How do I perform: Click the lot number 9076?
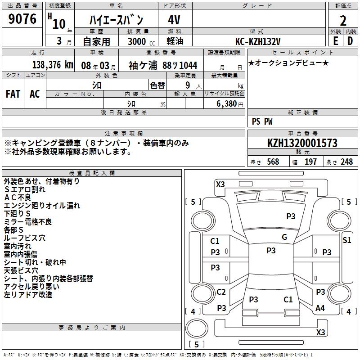click(22, 19)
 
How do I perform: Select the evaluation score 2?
click(343, 20)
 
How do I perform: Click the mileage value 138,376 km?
click(53, 65)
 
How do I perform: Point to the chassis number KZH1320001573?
click(302, 144)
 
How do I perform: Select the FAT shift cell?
click(13, 94)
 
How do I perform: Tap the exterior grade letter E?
click(335, 41)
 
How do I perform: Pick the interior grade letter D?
click(350, 41)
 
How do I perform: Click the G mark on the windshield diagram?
click(284, 237)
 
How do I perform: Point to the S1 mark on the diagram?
click(346, 240)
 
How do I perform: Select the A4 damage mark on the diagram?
click(320, 308)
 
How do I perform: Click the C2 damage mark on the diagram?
click(221, 292)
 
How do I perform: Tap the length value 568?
click(273, 162)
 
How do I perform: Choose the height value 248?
click(346, 162)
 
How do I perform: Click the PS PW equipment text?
click(262, 121)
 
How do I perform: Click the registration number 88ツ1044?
click(180, 65)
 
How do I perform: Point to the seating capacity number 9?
click(187, 85)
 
